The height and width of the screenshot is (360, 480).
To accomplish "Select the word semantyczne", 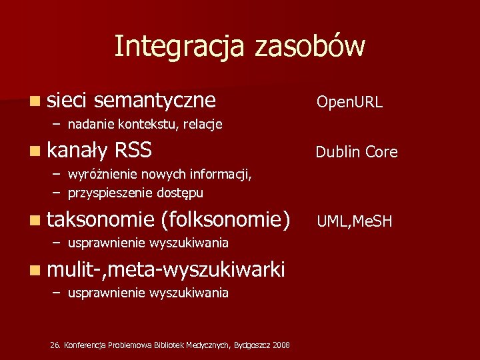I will [155, 100].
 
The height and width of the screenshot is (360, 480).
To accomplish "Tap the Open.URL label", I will [349, 102].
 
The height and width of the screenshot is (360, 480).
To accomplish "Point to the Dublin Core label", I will [357, 153].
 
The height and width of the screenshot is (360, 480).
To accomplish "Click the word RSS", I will [133, 151].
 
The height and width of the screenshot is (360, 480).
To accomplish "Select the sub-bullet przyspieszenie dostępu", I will [135, 193].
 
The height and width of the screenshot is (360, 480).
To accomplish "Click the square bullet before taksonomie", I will [35, 219].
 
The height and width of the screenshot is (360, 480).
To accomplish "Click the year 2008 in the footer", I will [281, 345].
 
